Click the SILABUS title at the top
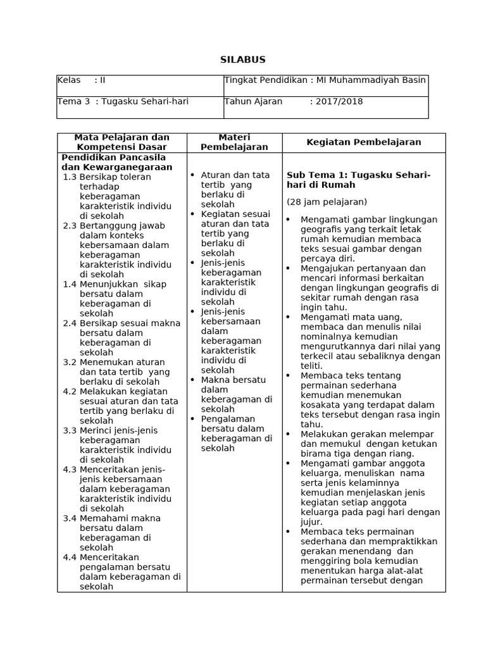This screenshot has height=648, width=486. pos(243,59)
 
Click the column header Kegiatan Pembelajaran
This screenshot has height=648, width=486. pos(363,142)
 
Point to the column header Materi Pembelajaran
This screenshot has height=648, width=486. pos(234,142)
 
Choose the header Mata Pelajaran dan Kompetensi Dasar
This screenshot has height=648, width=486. pos(122,142)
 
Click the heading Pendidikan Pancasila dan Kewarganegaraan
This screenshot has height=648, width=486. pos(116,162)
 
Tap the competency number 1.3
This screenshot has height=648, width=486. pos(70,177)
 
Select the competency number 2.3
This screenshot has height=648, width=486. pos(70,226)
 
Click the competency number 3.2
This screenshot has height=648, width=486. pos(70,362)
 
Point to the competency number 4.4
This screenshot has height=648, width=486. pos(70,557)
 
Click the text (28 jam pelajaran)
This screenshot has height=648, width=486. pos(327,202)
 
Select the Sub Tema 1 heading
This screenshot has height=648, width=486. pos(358,180)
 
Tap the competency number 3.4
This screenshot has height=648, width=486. pos(70,518)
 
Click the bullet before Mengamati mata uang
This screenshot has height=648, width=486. pos(288,316)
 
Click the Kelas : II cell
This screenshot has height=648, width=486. pos(82,80)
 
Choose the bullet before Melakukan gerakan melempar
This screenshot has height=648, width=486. pos(288,434)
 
